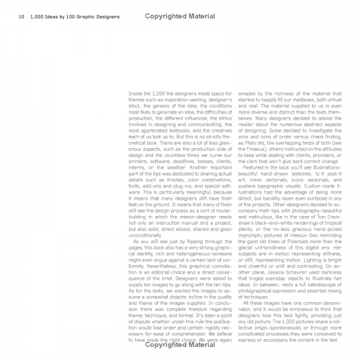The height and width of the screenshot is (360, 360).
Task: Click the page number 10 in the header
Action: (21, 17)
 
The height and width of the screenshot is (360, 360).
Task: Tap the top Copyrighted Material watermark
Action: (180, 16)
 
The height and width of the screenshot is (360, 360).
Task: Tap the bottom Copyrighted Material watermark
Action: (180, 344)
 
